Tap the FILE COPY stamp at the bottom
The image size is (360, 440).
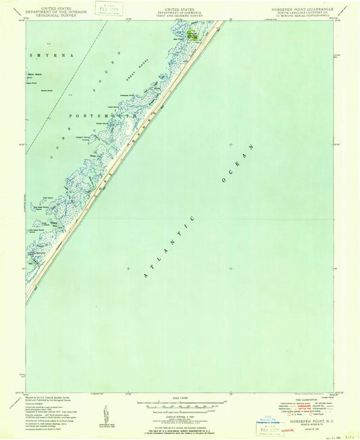(269, 425)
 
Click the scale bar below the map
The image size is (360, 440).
(180, 402)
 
